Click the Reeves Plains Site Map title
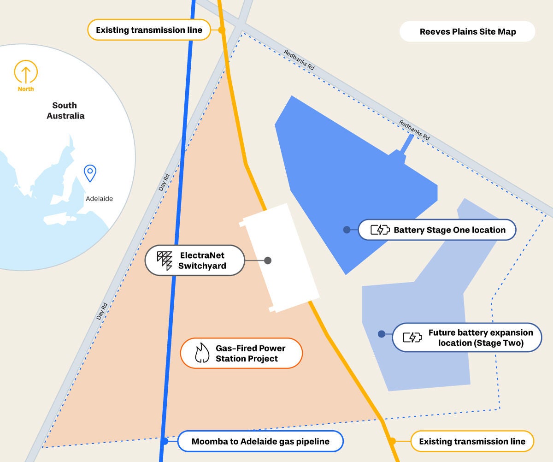tap(467, 32)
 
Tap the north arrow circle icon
tap(26, 72)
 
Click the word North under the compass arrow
tap(26, 89)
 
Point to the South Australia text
tap(65, 111)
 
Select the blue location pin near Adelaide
tap(90, 172)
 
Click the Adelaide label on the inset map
tap(99, 199)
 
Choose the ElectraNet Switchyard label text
tap(203, 261)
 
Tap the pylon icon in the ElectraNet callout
tap(165, 261)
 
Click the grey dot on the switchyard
tap(268, 261)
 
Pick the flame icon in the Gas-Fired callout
tap(202, 353)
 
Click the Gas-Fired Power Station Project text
tap(250, 353)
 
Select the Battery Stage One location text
tap(449, 230)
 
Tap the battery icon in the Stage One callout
tap(380, 230)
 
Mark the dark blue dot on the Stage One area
tap(347, 230)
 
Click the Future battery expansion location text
tap(480, 338)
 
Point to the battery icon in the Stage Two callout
tap(412, 338)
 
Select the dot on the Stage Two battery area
tap(382, 334)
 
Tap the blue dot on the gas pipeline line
tap(165, 441)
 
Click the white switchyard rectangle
tap(281, 258)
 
